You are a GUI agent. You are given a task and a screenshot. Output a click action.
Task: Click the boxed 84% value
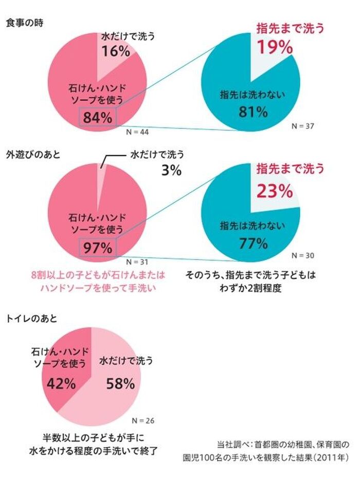coord(97,117)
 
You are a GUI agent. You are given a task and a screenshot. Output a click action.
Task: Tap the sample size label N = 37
coord(302,125)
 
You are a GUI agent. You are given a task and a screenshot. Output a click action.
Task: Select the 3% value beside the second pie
coord(171,171)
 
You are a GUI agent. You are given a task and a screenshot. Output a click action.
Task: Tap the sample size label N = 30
coord(302,255)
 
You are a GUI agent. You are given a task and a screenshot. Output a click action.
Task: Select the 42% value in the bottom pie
coord(62,383)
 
